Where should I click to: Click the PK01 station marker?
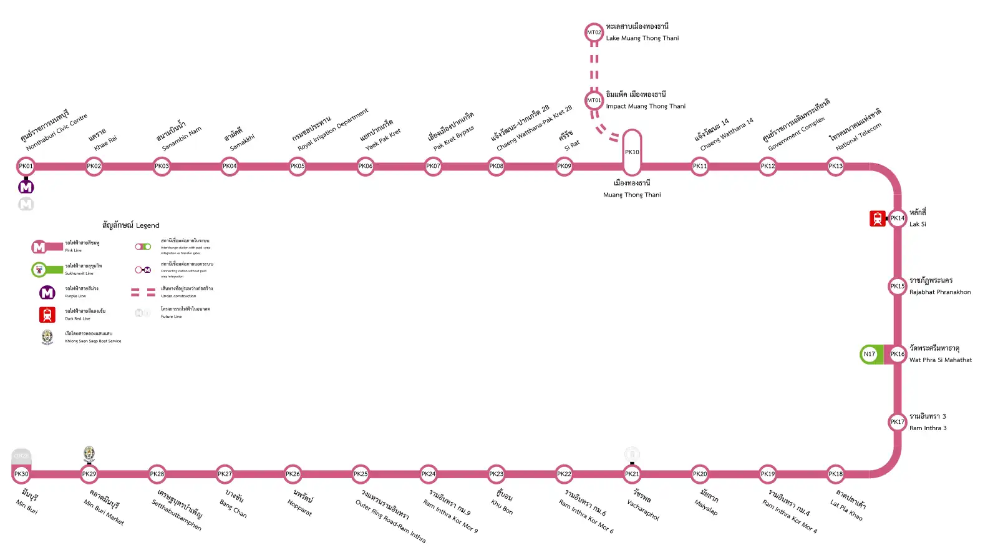[26, 166]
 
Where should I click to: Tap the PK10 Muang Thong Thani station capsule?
[632, 152]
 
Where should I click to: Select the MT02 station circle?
[594, 32]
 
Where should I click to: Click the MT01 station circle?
[594, 100]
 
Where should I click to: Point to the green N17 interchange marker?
[870, 354]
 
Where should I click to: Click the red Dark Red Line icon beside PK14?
[878, 219]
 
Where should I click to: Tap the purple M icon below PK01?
[26, 187]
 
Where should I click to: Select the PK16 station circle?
[897, 354]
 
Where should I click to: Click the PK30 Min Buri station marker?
[21, 474]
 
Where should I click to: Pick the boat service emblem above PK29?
[89, 454]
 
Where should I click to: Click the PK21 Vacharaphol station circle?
[632, 474]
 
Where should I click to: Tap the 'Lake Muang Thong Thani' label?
[642, 38]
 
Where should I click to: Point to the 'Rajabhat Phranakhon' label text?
[940, 292]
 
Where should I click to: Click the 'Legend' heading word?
[148, 225]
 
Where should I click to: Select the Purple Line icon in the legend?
[47, 292]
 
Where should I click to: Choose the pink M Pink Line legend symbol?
[39, 247]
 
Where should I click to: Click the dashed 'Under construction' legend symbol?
[143, 292]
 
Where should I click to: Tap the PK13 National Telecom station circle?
[835, 166]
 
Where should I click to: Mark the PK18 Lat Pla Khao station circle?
[835, 474]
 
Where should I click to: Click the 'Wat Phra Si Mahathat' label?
[941, 360]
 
